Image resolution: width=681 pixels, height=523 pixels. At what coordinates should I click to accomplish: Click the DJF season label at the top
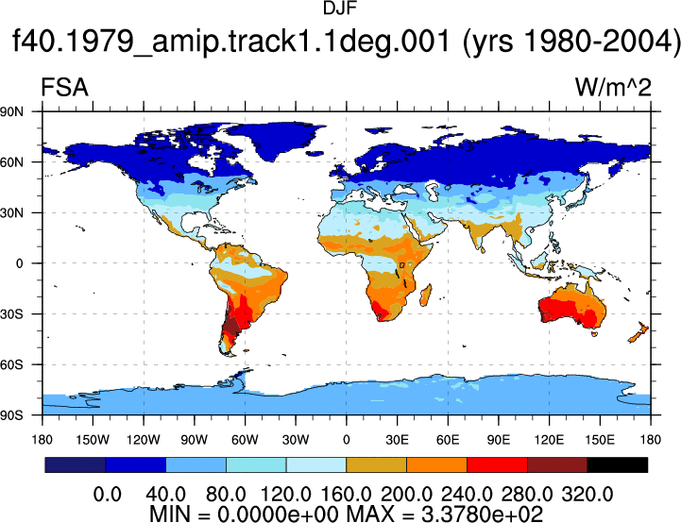[x=340, y=8]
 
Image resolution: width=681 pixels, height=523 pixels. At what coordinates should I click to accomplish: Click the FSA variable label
[x=64, y=87]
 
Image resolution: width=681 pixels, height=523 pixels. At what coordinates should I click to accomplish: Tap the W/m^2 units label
[x=613, y=87]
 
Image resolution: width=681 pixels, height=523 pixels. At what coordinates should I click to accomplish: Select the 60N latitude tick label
[x=11, y=162]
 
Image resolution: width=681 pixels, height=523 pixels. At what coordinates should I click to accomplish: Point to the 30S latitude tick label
[x=11, y=313]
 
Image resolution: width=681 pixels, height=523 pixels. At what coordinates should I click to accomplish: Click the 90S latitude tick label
[x=11, y=415]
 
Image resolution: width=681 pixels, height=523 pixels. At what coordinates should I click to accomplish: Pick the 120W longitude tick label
[x=144, y=440]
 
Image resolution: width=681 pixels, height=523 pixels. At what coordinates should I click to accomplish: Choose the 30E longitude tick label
[x=397, y=440]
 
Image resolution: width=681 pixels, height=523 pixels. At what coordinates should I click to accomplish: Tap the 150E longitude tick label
[x=600, y=440]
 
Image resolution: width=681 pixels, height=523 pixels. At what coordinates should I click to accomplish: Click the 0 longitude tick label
[x=346, y=440]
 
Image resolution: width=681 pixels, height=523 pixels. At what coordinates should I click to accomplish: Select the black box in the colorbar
[x=617, y=464]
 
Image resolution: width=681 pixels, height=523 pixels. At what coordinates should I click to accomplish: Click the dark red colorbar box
[x=557, y=464]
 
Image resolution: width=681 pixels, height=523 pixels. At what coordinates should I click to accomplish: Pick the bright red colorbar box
[x=497, y=464]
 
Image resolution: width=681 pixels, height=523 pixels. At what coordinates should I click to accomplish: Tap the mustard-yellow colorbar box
[x=376, y=464]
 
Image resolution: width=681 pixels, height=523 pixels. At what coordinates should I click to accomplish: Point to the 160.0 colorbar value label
[x=346, y=495]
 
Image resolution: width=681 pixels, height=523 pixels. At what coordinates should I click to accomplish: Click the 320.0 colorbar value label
[x=587, y=495]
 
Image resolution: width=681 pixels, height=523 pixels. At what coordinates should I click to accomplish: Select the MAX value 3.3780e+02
[x=483, y=515]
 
